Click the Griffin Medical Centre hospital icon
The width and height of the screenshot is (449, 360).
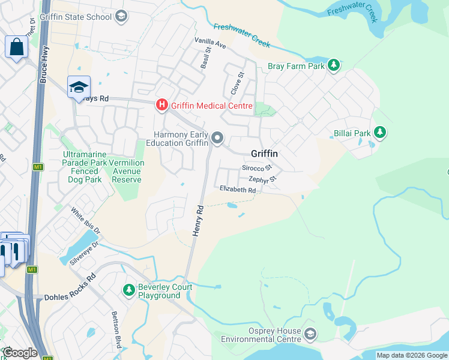point(162,106)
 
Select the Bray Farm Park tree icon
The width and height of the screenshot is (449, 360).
point(334,65)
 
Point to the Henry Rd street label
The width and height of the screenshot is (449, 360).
point(198,221)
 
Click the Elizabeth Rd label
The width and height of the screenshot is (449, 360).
point(238,190)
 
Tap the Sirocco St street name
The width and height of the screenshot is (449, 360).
point(257,168)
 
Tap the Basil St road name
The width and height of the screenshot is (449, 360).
point(205,58)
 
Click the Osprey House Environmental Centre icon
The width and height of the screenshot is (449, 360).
point(310,333)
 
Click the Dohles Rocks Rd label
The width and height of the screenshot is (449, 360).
point(70,287)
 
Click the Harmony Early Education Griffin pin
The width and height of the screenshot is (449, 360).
point(217,139)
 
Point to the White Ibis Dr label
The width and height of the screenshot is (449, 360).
point(85,220)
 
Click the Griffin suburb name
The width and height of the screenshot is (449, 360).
point(264,153)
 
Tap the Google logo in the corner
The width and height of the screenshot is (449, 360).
point(20,352)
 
